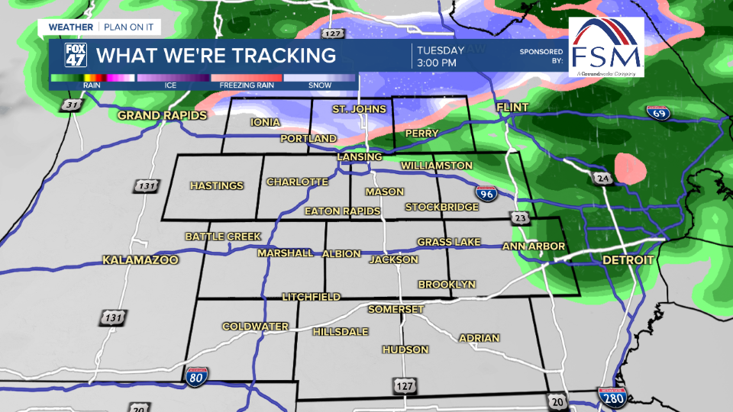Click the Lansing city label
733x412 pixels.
point(360,157)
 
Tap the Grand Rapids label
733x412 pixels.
point(162,116)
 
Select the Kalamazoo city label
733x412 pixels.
point(140,260)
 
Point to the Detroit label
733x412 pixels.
point(628,260)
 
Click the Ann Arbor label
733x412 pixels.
point(533,246)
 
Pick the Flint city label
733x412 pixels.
point(512,108)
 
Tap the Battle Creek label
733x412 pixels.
point(223,237)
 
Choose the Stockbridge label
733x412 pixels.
point(437,207)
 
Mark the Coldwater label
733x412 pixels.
point(255,327)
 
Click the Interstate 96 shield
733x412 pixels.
point(486,193)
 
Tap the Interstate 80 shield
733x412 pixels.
point(196,375)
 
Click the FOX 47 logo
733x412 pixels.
point(74,56)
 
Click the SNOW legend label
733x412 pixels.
point(320,85)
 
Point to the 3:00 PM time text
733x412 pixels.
point(437,63)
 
